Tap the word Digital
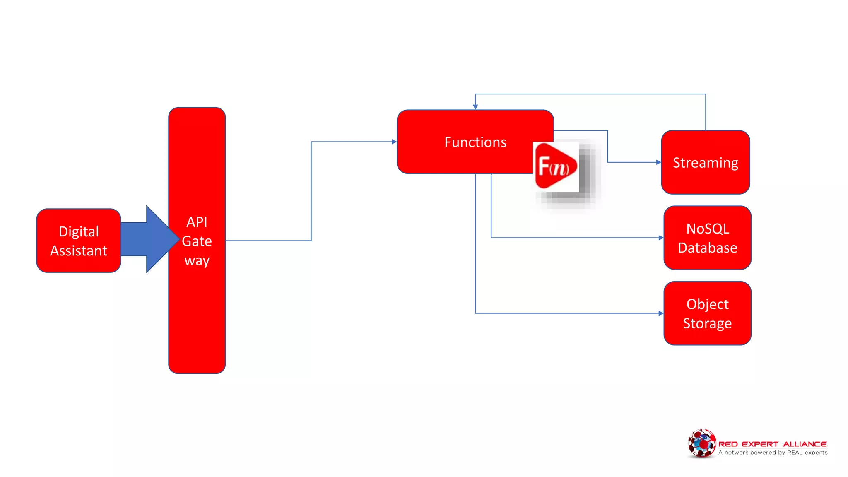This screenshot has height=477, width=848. [x=79, y=231]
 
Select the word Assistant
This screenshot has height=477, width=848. [x=79, y=251]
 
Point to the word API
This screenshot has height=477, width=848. [x=197, y=222]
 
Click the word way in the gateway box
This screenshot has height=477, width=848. [x=197, y=261]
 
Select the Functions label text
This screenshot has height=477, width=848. [x=475, y=142]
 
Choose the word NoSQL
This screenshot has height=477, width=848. [x=707, y=229]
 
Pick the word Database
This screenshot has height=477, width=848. [x=707, y=248]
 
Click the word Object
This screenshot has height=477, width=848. [x=707, y=304]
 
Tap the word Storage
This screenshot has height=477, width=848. [x=707, y=323]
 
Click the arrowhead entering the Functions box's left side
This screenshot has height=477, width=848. [x=394, y=142]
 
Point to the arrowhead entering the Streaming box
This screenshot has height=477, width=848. [x=659, y=162]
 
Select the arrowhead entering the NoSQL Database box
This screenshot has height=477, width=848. [x=661, y=238]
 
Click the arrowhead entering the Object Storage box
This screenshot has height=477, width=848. [x=661, y=313]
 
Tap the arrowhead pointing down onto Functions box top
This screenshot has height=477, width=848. [x=475, y=107]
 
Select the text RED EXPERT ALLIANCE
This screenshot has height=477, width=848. [x=772, y=444]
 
